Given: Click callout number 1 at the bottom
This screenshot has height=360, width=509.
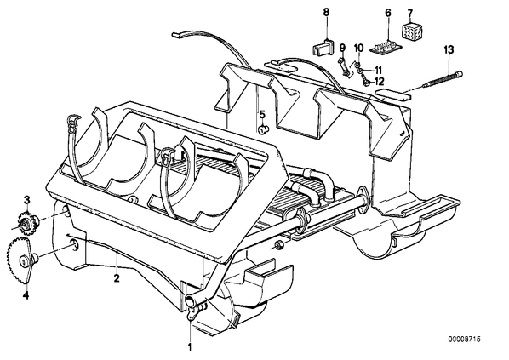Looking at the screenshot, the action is [190, 347].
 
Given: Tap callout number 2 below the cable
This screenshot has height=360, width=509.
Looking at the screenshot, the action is [117, 278].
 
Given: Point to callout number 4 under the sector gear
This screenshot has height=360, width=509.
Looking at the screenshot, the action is [26, 295].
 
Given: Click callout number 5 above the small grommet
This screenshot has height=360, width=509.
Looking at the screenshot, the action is [262, 114].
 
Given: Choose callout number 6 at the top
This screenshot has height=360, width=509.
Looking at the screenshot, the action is [388, 13].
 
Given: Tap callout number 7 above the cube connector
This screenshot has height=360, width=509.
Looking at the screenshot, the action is [410, 14].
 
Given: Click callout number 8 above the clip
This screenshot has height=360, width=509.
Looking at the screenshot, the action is [326, 12].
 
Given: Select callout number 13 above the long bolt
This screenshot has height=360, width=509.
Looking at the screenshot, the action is [449, 50].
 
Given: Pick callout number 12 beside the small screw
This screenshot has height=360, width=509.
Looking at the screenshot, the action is [379, 81].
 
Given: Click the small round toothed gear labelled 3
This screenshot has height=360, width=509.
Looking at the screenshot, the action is [26, 220].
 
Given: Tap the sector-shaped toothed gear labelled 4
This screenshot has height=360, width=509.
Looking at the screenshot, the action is [21, 260].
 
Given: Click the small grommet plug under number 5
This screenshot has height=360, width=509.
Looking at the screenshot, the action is [263, 129].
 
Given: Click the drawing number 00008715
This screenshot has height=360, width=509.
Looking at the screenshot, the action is [464, 339].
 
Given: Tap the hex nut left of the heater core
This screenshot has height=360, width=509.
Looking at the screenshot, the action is [279, 244].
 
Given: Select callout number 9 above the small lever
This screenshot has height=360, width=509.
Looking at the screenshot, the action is [342, 48].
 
